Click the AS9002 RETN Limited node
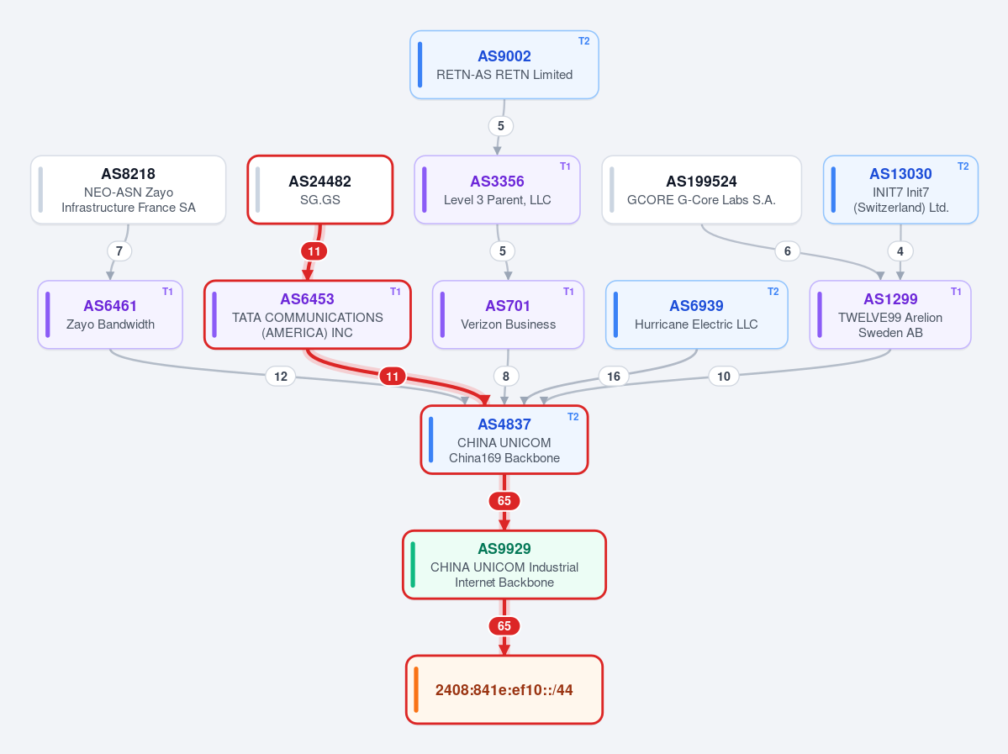click(504, 65)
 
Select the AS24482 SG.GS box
click(320, 190)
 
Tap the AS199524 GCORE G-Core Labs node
click(701, 190)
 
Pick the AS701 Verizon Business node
click(508, 315)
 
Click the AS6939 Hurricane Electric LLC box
click(696, 315)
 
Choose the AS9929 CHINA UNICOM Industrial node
click(504, 565)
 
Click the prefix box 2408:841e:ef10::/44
click(504, 690)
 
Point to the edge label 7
click(119, 251)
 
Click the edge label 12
click(281, 376)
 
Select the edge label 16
click(613, 376)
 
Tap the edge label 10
click(724, 376)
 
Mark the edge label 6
click(788, 251)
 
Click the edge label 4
click(900, 251)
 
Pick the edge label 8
click(506, 376)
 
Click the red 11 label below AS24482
click(314, 251)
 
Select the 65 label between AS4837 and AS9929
click(504, 501)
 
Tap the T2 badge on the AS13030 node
click(963, 166)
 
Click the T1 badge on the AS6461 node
click(168, 292)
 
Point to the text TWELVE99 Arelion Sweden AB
click(890, 325)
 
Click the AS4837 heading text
click(504, 424)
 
